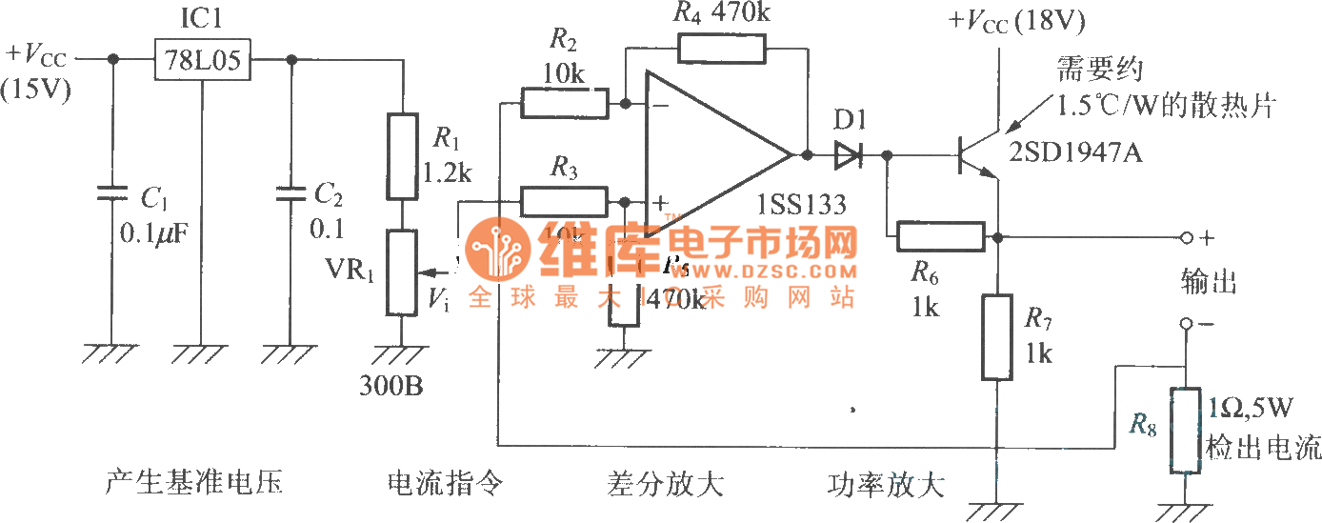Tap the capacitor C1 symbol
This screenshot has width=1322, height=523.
point(112,195)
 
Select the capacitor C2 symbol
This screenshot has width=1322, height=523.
point(290,195)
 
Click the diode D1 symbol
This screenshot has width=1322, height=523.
point(847,153)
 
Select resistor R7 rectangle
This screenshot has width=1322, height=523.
point(996,337)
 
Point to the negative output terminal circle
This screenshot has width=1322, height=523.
point(1186,324)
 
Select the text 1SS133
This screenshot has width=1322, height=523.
point(803,204)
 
